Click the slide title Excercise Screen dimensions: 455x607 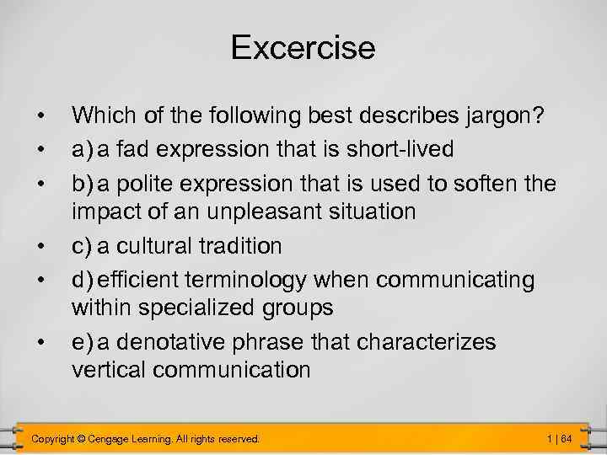tap(303, 47)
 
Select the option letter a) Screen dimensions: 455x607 tap(83, 149)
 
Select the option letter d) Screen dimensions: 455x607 tap(83, 278)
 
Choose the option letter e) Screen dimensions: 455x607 tap(83, 343)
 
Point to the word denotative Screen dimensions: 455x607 tap(177, 343)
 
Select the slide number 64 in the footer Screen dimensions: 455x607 tap(567, 439)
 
